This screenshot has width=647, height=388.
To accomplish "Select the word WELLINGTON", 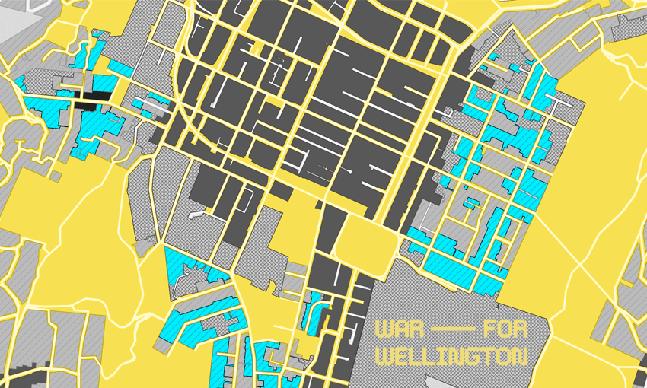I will pos(452,356).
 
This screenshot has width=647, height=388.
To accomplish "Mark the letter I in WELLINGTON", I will pos(444,356).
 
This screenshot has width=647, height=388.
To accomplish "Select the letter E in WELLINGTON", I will pos(400,356).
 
